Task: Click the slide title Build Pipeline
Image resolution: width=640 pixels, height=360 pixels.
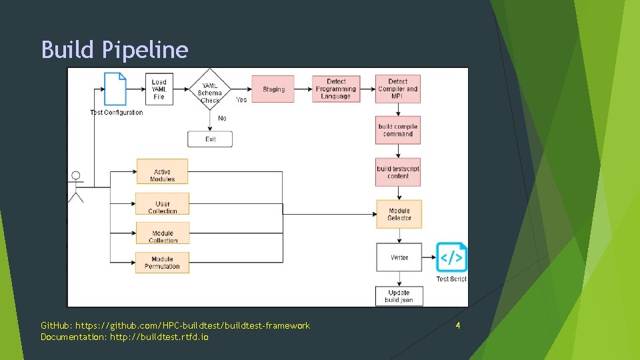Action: point(115,50)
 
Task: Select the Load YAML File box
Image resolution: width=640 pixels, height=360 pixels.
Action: point(159,89)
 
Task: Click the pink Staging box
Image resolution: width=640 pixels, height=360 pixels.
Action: point(273,89)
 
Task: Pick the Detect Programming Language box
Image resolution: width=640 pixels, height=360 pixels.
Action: point(336,89)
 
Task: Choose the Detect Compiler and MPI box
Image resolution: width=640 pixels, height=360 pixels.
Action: point(398,89)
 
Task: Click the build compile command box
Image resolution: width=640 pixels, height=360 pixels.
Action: point(398,130)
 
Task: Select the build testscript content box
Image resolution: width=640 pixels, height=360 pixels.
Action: point(398,172)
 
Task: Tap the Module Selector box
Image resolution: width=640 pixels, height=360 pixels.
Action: point(399,214)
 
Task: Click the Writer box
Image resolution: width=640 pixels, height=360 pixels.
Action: point(399,257)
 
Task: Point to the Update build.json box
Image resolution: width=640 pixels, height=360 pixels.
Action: point(399,297)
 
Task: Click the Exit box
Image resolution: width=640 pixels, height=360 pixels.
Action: point(210,139)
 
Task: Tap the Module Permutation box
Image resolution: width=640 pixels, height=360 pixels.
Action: point(163,263)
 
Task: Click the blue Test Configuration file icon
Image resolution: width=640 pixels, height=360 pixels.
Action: point(115,88)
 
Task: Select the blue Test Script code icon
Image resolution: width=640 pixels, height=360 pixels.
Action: point(451,257)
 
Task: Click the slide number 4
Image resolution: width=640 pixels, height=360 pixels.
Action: point(458,325)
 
